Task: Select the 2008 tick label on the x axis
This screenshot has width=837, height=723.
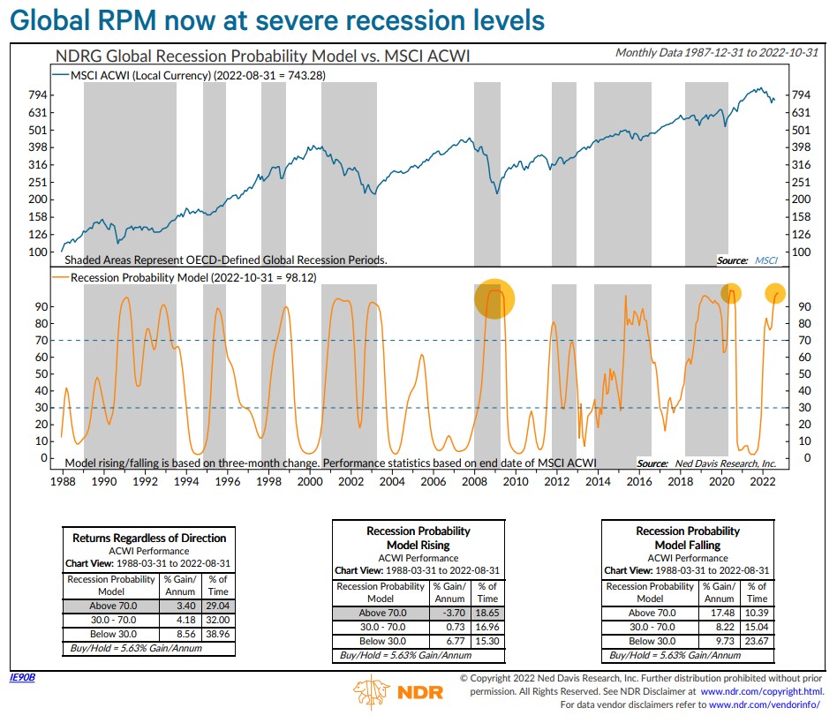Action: [x=474, y=481]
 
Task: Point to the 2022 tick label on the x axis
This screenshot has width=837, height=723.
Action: [x=762, y=481]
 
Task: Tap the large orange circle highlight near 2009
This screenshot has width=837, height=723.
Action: [x=494, y=298]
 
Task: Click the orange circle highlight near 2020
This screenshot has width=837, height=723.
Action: [x=730, y=294]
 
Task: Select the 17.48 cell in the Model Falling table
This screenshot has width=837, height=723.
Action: [x=719, y=613]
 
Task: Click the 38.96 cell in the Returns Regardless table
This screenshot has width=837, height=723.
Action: [x=217, y=633]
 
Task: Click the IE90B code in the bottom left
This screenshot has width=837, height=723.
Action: [x=21, y=678]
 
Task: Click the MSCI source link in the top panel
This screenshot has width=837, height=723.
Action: [x=765, y=260]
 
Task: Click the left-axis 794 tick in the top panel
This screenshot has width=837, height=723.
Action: [x=37, y=95]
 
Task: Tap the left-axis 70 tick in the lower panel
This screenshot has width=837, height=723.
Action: [x=41, y=340]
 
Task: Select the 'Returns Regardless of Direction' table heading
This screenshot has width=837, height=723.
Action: [x=149, y=538]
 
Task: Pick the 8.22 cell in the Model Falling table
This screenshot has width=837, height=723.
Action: [x=719, y=627]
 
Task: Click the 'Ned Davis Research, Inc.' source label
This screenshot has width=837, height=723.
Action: [x=725, y=463]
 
